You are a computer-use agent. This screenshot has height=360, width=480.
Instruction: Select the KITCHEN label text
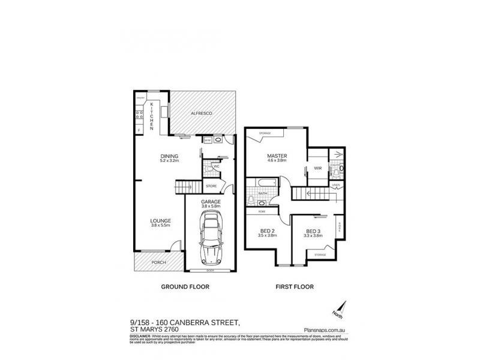(x=152, y=116)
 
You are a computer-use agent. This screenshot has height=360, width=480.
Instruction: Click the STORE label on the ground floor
(x=211, y=187)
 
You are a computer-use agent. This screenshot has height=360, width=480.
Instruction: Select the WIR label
(x=318, y=169)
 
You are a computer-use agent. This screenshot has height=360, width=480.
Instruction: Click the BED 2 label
(x=267, y=231)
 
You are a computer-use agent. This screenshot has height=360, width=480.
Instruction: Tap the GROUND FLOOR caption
(x=185, y=287)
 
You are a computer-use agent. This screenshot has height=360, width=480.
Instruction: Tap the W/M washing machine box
(x=208, y=140)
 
